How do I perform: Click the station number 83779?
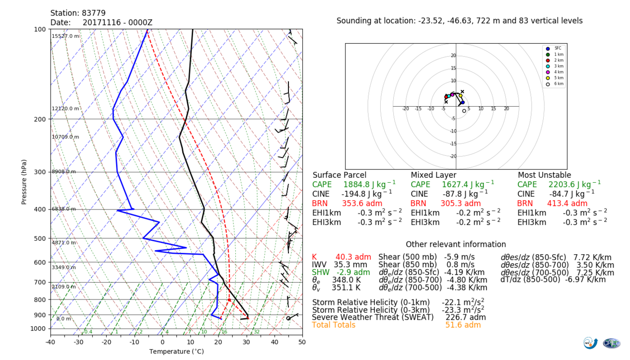(94, 13)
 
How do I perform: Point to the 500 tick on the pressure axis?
(40, 239)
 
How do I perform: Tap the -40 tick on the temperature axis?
(51, 342)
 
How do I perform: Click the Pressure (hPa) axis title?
(24, 182)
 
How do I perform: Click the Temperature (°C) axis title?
(176, 352)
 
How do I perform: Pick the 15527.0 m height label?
(66, 36)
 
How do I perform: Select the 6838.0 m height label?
(64, 209)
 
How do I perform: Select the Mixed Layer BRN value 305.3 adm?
(461, 204)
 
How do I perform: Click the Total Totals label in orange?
(334, 325)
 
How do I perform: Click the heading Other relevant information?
(456, 244)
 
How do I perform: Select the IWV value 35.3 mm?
(350, 265)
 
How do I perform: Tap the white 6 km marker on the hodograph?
(464, 111)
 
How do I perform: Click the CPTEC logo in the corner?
(611, 343)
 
